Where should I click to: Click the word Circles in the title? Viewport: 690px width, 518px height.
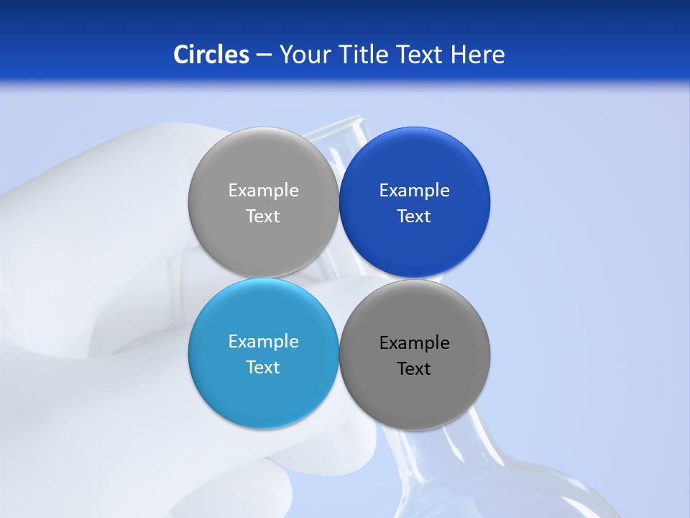point(211,55)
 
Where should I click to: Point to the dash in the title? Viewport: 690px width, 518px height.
point(264,55)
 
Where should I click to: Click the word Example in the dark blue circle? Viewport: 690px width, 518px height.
point(414,191)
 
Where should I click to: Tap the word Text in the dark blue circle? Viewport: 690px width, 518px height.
point(414,217)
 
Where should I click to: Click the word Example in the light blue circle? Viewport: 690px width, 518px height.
point(263,342)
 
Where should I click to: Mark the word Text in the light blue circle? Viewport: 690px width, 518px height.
point(263,368)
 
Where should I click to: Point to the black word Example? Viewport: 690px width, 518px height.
point(414,343)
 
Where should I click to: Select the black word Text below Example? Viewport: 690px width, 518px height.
point(414,369)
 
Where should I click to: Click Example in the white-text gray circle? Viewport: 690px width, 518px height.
point(263,191)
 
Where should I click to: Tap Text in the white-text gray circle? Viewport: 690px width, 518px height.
point(263,217)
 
